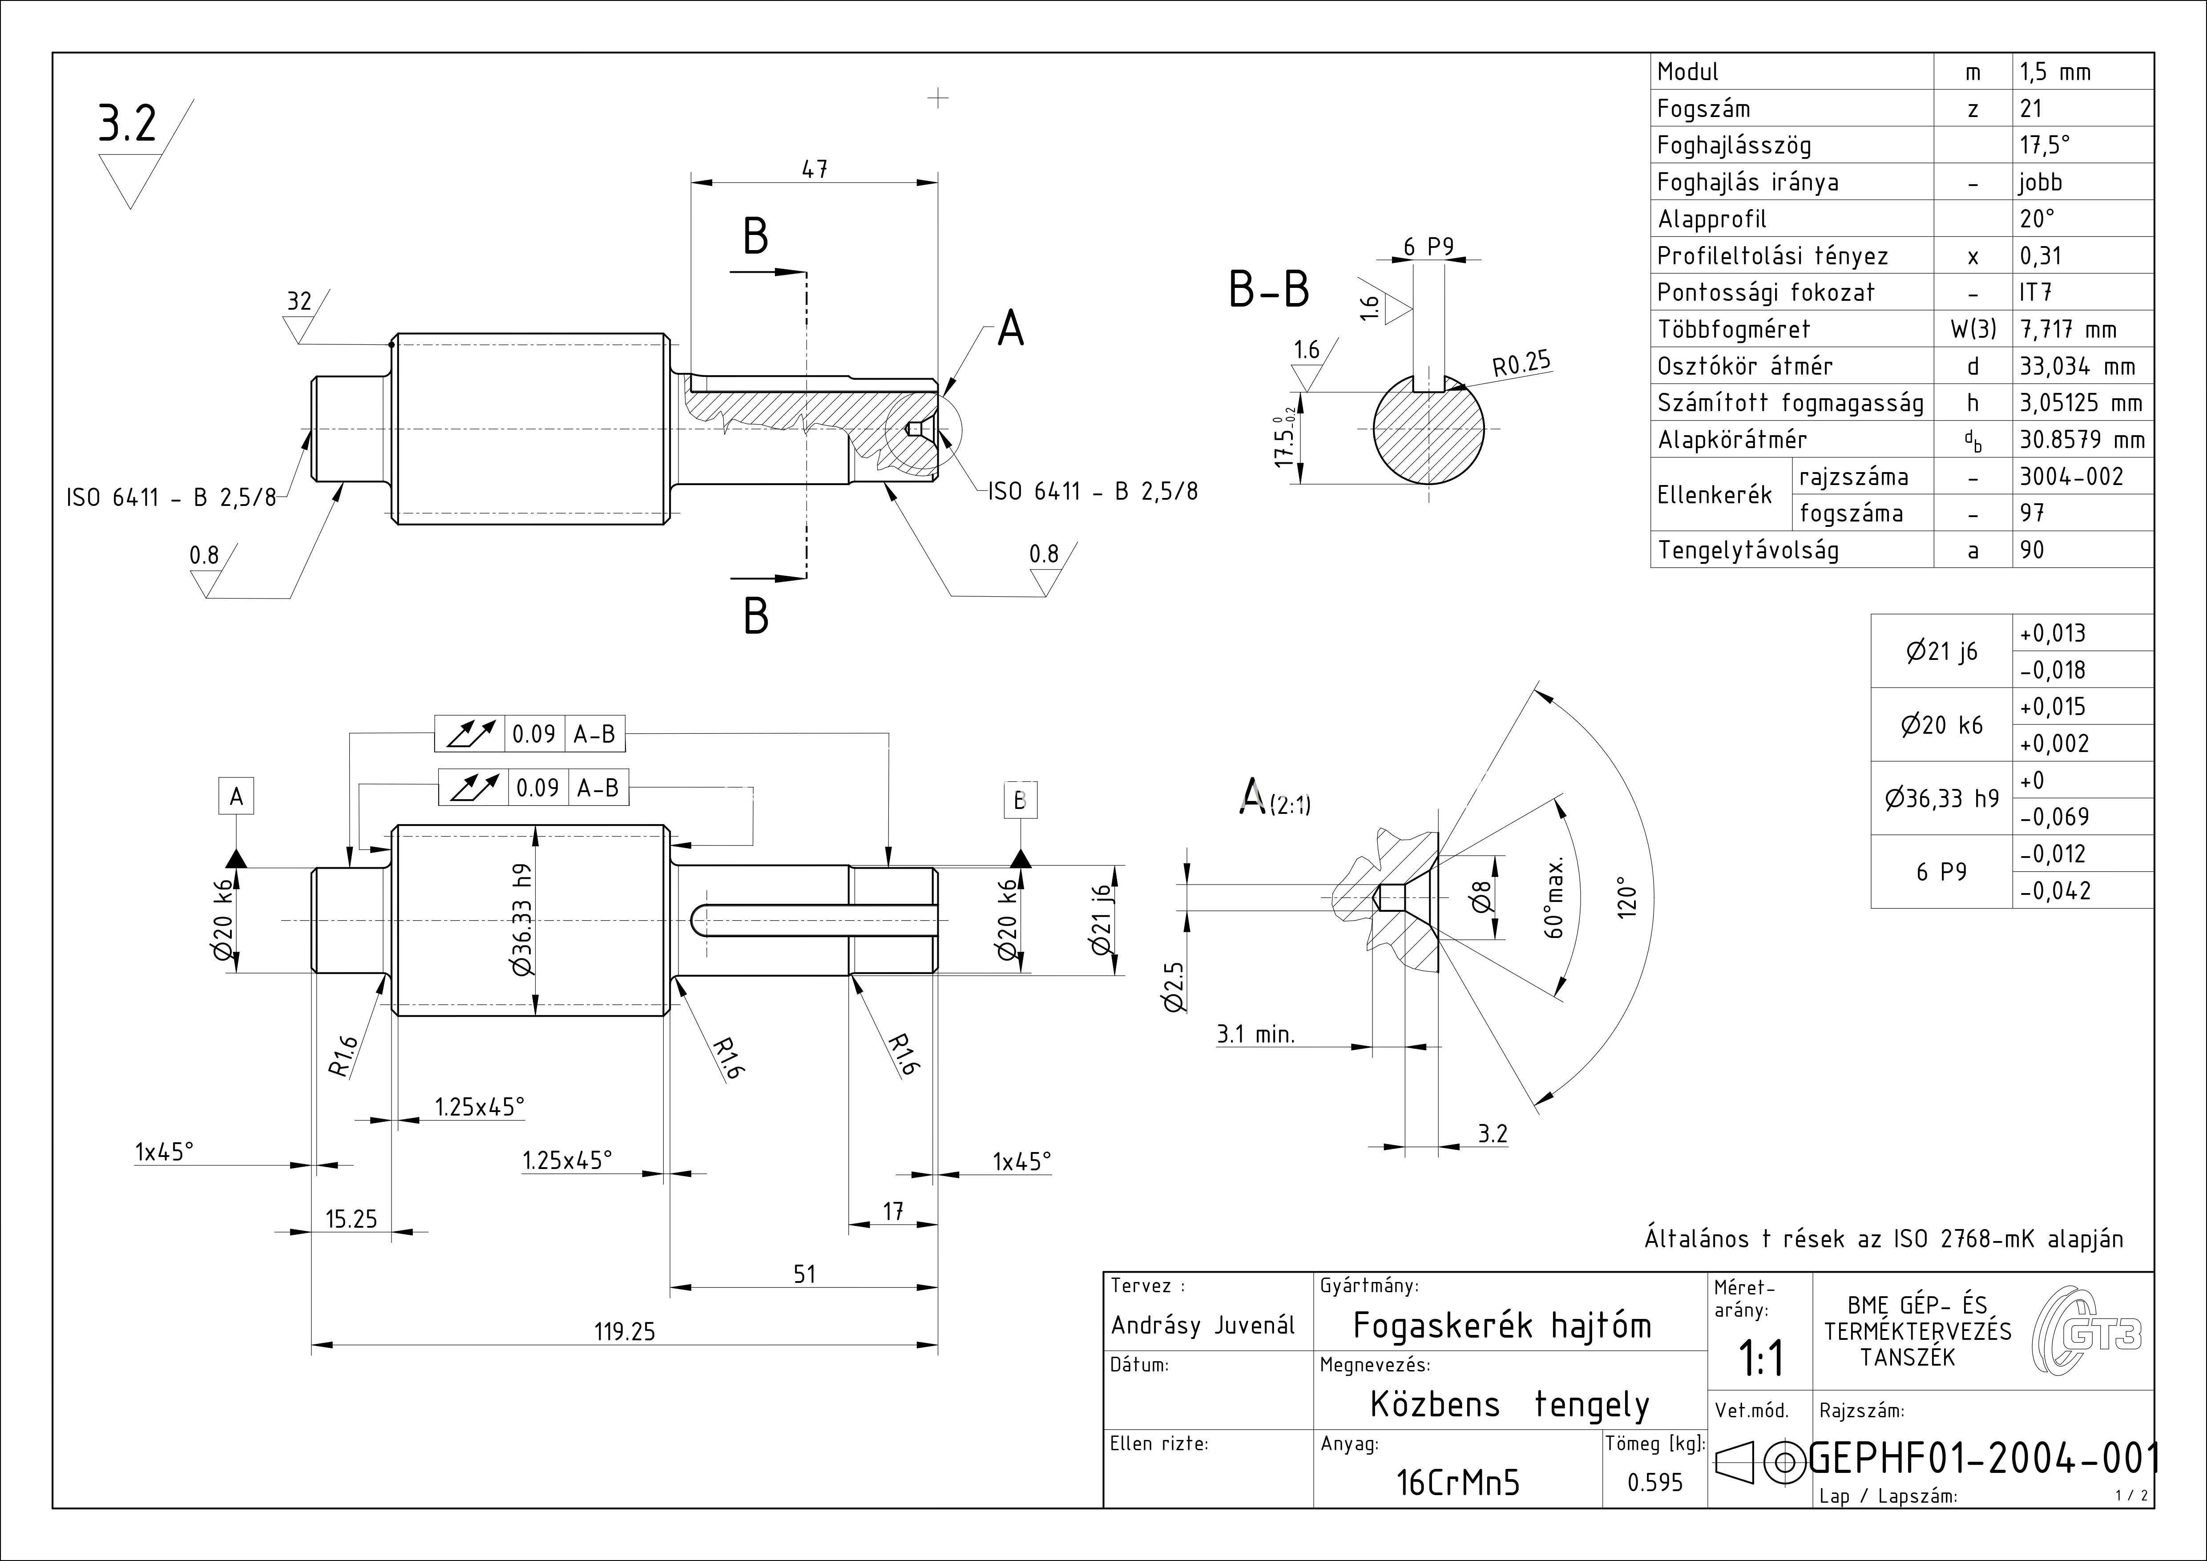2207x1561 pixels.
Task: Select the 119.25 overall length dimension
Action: click(625, 1331)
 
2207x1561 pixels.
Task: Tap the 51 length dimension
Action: click(805, 1274)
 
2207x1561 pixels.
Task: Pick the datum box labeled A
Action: click(237, 797)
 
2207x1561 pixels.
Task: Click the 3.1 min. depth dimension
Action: click(1255, 1034)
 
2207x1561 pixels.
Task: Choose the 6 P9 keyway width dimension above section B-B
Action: click(1428, 247)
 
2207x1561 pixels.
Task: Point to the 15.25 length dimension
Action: click(352, 1219)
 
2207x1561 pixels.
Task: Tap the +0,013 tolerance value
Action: click(2052, 634)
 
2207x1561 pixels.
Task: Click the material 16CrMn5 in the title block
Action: click(1458, 1483)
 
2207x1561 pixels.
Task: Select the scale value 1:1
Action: click(1761, 1358)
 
